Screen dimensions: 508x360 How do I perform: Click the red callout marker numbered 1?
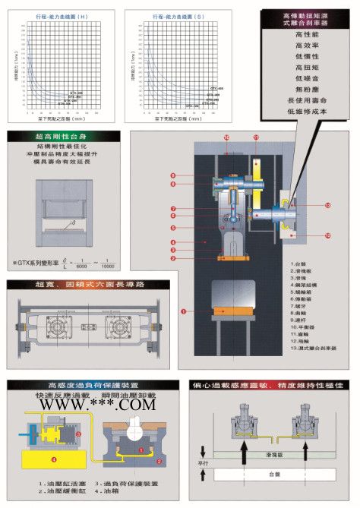(183, 311)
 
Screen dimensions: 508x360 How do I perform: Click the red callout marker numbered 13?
(328, 206)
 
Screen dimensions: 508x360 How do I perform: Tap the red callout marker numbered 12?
(328, 235)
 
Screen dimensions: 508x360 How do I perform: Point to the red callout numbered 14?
(226, 137)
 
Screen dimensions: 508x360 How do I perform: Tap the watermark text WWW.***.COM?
(93, 405)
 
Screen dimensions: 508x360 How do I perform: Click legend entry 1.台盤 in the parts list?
(299, 263)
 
